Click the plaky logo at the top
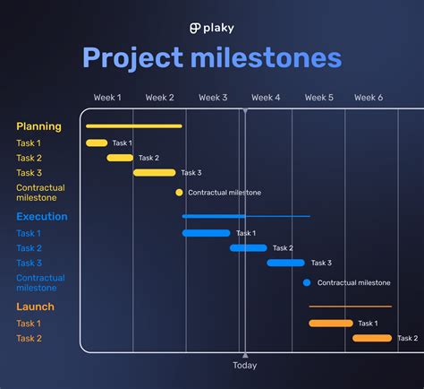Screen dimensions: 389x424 211,28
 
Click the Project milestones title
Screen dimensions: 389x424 212,58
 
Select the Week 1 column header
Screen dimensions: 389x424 107,98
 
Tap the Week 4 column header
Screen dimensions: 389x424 266,98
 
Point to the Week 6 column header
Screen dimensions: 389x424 369,98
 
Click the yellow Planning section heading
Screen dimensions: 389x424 38,126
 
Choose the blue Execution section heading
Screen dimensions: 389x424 41,217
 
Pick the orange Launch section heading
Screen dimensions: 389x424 35,307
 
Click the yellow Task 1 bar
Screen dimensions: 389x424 97,143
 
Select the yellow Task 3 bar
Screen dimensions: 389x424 155,173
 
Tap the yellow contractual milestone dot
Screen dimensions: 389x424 179,193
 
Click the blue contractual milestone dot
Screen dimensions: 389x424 307,282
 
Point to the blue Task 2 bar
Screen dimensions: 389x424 249,248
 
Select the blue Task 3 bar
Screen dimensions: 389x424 286,264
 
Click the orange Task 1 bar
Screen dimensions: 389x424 331,324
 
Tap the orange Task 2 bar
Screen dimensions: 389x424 372,339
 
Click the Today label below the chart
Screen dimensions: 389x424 244,366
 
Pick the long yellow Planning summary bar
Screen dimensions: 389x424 134,126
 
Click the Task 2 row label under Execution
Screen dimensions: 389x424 29,248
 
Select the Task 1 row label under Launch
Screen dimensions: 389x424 29,324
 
